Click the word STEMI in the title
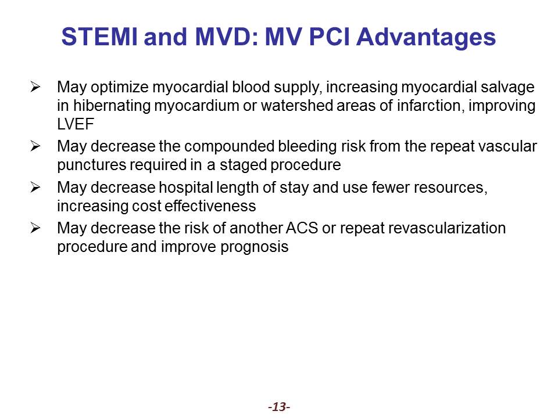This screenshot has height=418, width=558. click(x=99, y=36)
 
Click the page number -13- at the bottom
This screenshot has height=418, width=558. click(x=279, y=406)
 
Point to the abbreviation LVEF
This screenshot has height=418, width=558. click(x=76, y=124)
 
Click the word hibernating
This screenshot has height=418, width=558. click(x=112, y=106)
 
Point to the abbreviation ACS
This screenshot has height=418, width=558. click(x=302, y=228)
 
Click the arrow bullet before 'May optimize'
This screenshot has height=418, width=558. click(x=35, y=87)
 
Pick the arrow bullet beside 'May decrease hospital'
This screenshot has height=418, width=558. click(x=35, y=187)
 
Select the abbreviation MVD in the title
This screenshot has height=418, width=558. click(x=223, y=36)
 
